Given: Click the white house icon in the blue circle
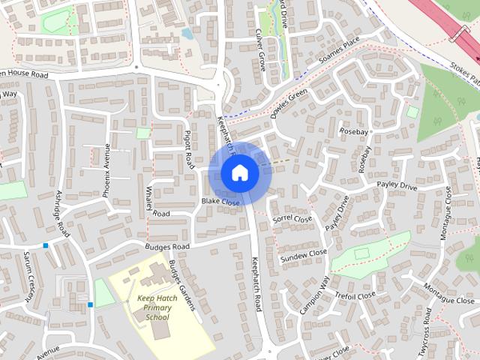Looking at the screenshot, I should click(x=239, y=173).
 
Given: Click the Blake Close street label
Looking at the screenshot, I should click(x=220, y=202).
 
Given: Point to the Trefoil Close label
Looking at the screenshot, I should click(x=355, y=295).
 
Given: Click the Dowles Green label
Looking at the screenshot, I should click(x=289, y=105).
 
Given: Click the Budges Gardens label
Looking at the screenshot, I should click(x=181, y=279).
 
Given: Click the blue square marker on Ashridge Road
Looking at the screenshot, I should click(x=46, y=245).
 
